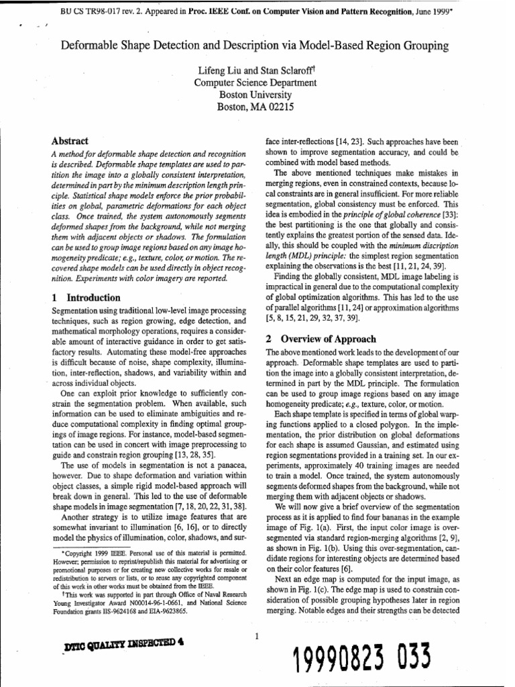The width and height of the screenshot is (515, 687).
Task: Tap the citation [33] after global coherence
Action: [x=450, y=214]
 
